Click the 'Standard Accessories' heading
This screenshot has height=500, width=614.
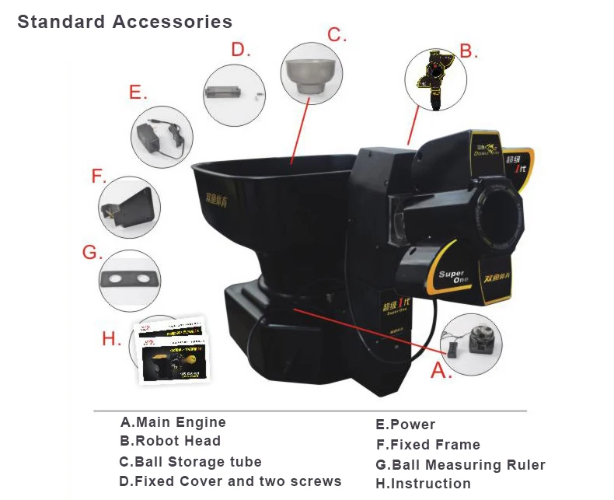pyautogui.click(x=124, y=21)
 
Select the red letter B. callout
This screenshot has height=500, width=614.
pyautogui.click(x=466, y=51)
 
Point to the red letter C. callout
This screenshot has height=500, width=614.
pyautogui.click(x=336, y=35)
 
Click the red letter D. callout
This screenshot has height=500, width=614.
pyautogui.click(x=240, y=51)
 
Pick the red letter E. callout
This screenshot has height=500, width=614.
pyautogui.click(x=138, y=93)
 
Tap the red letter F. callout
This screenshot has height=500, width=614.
pyautogui.click(x=99, y=177)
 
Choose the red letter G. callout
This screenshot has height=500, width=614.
pyautogui.click(x=92, y=253)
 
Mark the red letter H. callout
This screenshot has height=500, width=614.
pyautogui.click(x=112, y=339)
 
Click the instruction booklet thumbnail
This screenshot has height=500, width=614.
pyautogui.click(x=173, y=351)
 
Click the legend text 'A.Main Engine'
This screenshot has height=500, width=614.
pyautogui.click(x=173, y=422)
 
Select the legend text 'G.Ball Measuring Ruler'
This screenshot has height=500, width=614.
pyautogui.click(x=460, y=465)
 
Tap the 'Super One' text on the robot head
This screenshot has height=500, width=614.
pyautogui.click(x=452, y=278)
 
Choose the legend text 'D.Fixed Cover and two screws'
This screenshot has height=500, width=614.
pyautogui.click(x=230, y=481)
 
